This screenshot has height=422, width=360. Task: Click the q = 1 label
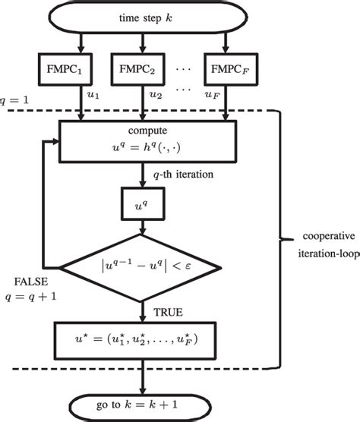16,100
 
